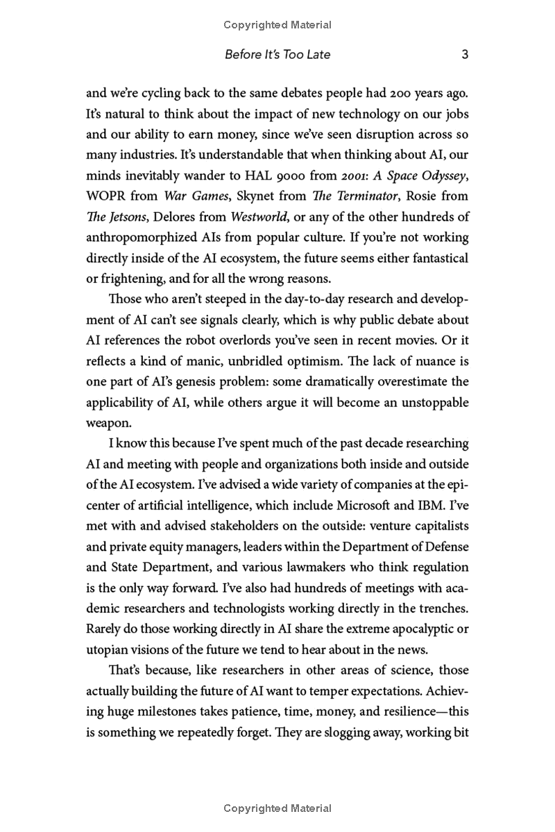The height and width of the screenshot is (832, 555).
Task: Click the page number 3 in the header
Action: tap(466, 55)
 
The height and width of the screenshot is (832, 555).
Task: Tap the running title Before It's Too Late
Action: tap(277, 55)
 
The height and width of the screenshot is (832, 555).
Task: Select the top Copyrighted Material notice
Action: tap(277, 25)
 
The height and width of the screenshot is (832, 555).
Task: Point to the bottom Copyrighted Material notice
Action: tap(277, 808)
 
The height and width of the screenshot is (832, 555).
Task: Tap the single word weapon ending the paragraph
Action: tap(105, 423)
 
